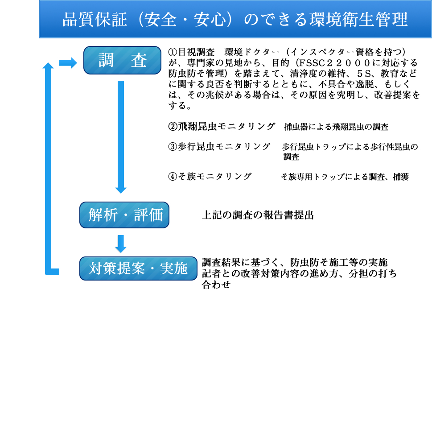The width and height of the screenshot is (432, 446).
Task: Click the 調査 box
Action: coord(122,60)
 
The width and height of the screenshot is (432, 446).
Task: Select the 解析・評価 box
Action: coord(124,215)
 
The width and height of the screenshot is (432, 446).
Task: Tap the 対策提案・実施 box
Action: coord(138,268)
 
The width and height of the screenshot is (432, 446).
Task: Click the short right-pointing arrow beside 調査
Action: coord(68,63)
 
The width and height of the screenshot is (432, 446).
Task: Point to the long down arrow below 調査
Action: coord(121,137)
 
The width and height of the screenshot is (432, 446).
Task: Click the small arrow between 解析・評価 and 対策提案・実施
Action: coord(121,244)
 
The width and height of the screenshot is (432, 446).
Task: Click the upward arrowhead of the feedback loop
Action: coord(48,66)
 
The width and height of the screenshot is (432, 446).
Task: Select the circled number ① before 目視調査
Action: coord(173,52)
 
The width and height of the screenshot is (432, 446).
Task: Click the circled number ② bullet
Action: coord(173,126)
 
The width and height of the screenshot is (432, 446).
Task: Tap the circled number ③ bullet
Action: coord(173,146)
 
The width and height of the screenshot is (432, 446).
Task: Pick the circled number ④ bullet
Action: coord(173,176)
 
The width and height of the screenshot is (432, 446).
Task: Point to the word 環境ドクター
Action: coord(252,52)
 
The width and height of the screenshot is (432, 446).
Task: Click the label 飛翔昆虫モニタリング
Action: coord(226,126)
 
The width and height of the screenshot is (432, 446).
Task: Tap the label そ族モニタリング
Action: coord(215,176)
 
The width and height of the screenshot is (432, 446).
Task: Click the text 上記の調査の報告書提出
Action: coord(258,215)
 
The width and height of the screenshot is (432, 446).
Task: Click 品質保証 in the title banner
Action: coord(95,20)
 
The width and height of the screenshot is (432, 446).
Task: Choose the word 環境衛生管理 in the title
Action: coord(358,20)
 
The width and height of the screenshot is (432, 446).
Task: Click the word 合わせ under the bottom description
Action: coord(216,285)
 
